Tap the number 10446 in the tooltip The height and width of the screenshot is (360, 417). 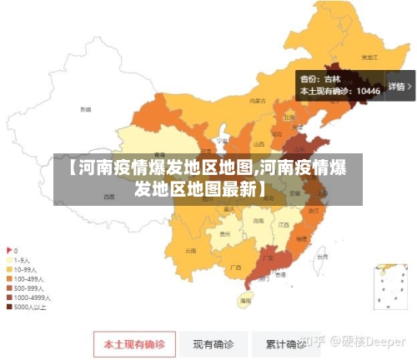click(367, 91)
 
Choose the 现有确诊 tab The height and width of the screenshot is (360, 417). click(213, 343)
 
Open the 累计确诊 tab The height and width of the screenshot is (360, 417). click(285, 343)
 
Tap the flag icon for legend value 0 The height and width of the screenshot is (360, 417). click(9, 250)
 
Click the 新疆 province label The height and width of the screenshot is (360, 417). click(85, 109)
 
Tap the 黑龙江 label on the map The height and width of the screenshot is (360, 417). click(369, 57)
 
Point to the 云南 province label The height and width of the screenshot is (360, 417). click(191, 250)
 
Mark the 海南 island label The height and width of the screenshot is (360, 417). click(245, 299)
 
